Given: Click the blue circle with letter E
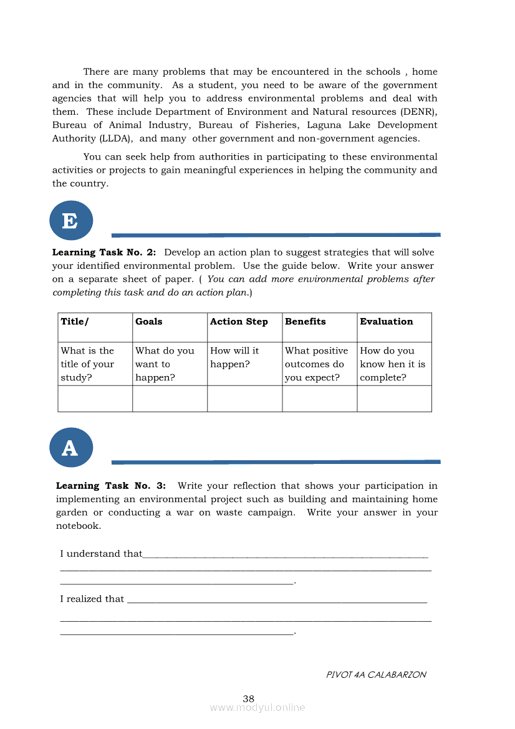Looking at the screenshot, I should [71, 221].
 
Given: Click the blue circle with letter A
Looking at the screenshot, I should [71, 448].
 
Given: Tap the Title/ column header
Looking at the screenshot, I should [75, 322].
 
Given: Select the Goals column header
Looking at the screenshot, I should [149, 322].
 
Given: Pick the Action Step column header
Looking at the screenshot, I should [239, 322].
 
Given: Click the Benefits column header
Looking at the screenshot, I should [306, 322].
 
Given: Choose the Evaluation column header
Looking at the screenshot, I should [387, 322].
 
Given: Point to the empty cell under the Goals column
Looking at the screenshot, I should [170, 399].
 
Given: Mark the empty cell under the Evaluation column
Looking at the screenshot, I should [394, 399].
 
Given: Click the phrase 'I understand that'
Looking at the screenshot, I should [101, 554].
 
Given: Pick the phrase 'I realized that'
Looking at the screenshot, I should [92, 599].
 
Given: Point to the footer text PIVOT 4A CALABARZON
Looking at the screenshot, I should [376, 675].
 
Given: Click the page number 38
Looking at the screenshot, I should [249, 698].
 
